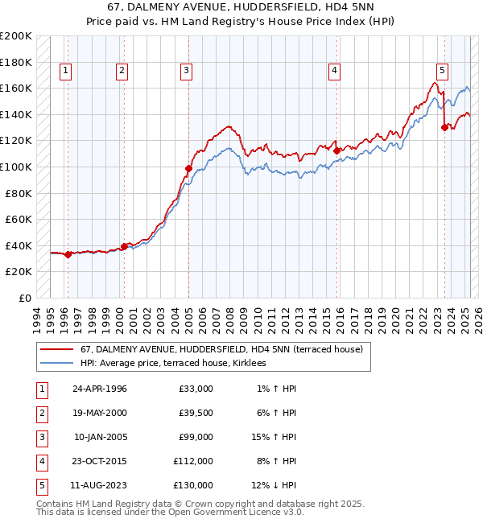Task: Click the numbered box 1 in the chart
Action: [64, 71]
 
